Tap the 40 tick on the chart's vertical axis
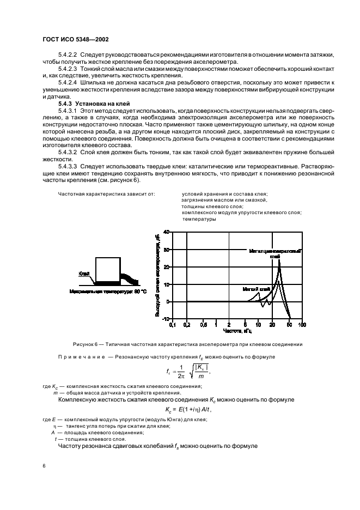point(167,232)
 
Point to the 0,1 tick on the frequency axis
point(173,325)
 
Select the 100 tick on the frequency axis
point(302,325)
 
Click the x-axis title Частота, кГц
point(237,331)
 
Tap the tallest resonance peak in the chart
point(279,259)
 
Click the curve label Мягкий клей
point(256,289)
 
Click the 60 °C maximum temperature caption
point(108,292)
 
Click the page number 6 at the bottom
point(44,466)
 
